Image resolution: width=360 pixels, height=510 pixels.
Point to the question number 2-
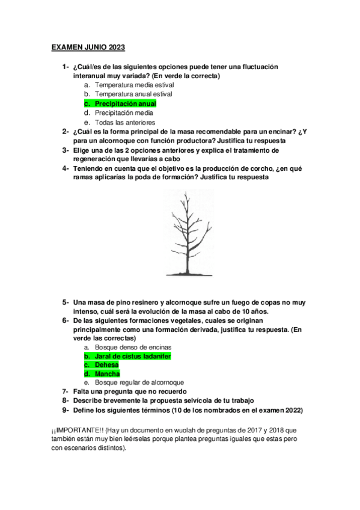[65, 131]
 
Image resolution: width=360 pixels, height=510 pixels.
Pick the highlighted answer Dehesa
[107, 365]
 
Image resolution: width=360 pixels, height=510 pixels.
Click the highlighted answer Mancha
[108, 373]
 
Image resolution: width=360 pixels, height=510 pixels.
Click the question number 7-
[65, 392]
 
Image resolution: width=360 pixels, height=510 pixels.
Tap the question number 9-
[65, 410]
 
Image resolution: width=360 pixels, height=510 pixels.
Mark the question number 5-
[65, 302]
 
